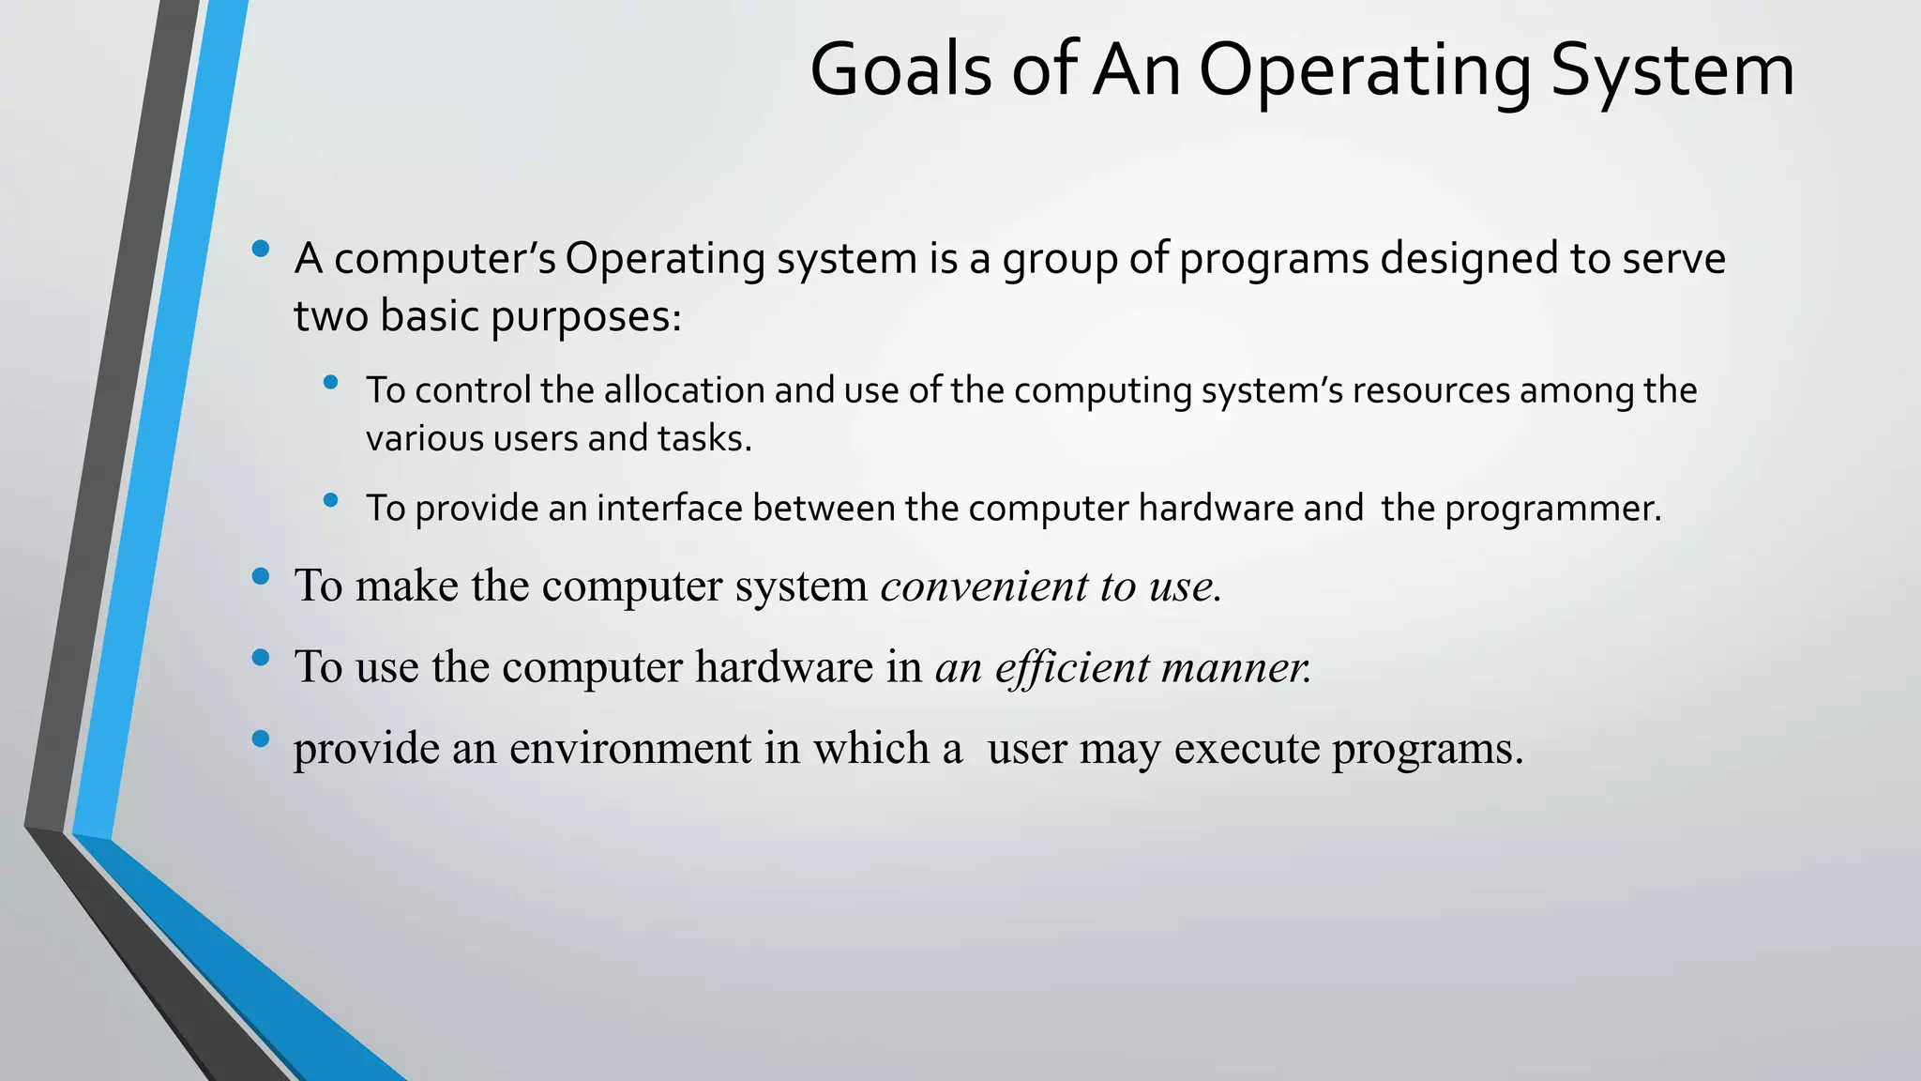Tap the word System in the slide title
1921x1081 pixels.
[1671, 70]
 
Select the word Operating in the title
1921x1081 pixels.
[1365, 70]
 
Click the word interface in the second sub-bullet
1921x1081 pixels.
[670, 509]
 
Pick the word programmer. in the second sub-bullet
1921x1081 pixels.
[1552, 509]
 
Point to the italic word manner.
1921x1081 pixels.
[1236, 667]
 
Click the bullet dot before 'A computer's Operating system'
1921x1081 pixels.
[261, 249]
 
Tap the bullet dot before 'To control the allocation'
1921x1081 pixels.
[330, 382]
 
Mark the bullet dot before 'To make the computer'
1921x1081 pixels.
[261, 576]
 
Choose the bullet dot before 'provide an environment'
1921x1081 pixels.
[261, 738]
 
